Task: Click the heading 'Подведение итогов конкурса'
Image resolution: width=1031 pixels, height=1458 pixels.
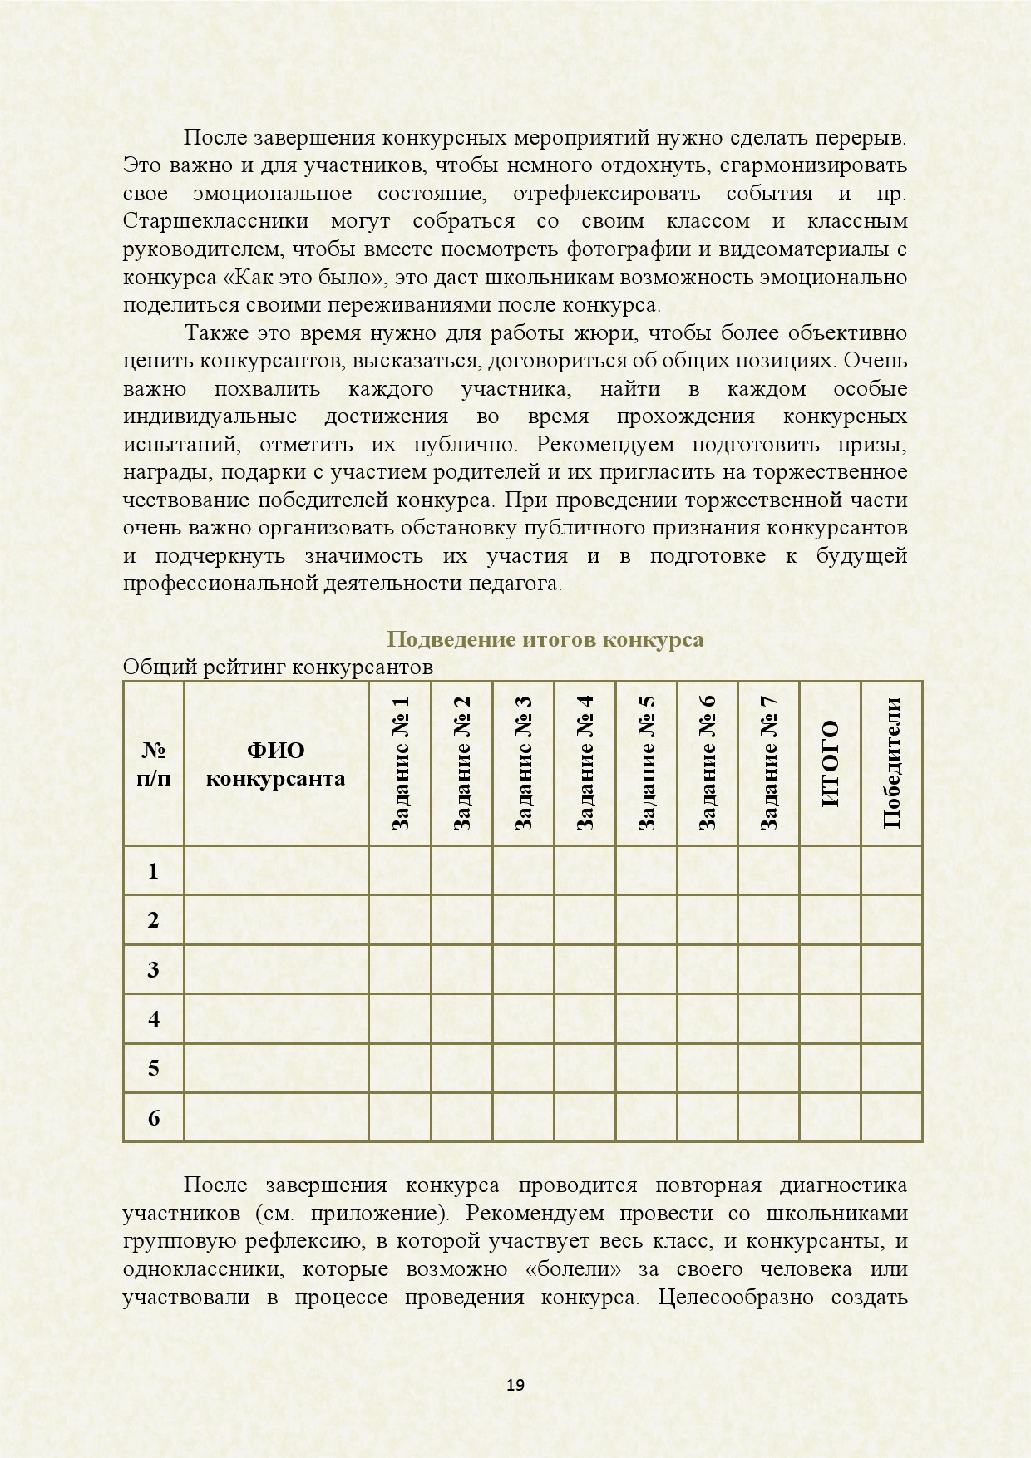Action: (545, 639)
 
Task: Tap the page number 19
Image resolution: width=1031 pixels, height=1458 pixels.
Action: (515, 1384)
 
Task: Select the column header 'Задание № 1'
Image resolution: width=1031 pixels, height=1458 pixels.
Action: (400, 763)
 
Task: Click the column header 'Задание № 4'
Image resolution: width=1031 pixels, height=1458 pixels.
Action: (585, 763)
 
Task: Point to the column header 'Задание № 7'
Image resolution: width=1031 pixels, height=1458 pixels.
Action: (769, 763)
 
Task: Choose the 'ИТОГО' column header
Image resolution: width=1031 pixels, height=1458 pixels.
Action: (830, 763)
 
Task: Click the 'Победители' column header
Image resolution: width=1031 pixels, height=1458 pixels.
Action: (891, 763)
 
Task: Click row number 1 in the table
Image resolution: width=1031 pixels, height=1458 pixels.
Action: (153, 870)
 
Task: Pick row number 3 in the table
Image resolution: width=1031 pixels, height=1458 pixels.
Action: (153, 969)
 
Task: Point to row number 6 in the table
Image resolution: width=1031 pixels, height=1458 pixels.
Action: (153, 1117)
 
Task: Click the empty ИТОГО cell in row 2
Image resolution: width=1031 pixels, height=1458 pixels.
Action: (830, 919)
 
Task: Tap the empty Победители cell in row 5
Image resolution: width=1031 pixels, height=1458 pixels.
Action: (891, 1068)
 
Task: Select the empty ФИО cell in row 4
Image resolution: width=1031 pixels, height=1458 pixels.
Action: (275, 1018)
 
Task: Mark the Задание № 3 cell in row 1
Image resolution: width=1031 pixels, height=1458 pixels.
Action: (523, 870)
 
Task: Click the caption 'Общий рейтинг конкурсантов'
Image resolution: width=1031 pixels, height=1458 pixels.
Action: (278, 667)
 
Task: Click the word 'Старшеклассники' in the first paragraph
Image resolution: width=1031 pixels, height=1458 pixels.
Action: (215, 221)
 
